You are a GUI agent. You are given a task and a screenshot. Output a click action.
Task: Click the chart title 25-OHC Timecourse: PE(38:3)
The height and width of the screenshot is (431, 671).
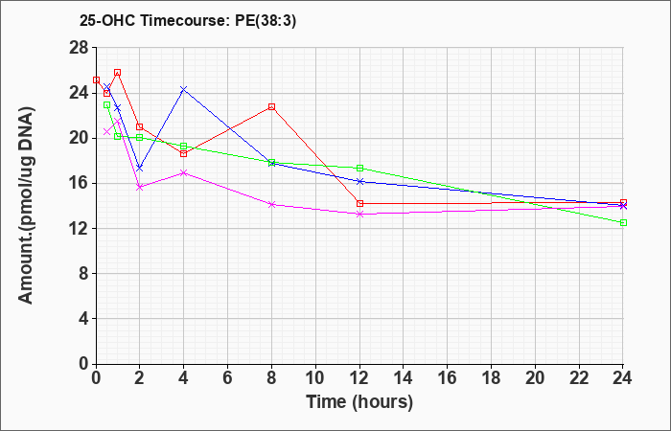188,21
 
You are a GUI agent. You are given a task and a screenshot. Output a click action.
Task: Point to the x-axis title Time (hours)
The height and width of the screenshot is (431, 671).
359,402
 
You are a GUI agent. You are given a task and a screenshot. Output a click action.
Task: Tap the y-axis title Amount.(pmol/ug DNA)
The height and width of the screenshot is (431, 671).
26,206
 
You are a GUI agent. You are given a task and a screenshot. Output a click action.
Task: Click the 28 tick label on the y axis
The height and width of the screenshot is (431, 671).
79,48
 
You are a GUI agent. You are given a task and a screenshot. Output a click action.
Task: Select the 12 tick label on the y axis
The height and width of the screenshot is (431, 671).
79,228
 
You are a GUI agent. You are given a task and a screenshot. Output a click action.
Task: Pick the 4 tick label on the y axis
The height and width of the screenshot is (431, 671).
84,319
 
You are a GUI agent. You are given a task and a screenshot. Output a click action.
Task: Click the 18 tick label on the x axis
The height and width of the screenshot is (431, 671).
491,378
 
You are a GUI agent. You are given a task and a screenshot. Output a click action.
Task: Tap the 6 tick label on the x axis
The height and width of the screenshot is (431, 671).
227,378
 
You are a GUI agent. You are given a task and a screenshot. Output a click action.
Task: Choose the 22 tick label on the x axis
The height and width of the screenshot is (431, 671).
579,378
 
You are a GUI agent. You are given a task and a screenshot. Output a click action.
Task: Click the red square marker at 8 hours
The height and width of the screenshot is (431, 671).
271,107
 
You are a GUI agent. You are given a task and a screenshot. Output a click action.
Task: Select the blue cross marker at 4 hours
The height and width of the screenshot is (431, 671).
184,89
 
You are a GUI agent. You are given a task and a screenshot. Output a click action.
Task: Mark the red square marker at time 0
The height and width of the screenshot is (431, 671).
96,79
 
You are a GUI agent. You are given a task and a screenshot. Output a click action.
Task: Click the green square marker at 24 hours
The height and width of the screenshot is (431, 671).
623,223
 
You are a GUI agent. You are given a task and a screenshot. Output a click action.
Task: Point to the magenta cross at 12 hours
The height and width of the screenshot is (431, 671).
359,214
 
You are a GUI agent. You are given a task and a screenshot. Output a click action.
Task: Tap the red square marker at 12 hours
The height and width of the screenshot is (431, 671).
359,203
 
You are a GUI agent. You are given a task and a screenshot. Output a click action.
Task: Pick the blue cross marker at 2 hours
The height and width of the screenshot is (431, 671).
140,168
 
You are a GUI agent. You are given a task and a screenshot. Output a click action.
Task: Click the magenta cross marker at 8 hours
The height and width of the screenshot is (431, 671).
271,204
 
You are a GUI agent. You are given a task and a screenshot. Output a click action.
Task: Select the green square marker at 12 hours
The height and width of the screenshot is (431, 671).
359,168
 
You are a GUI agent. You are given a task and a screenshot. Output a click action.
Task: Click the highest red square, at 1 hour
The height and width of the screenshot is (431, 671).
118,73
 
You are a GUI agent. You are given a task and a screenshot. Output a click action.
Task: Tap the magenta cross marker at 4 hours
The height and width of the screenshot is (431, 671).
184,172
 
